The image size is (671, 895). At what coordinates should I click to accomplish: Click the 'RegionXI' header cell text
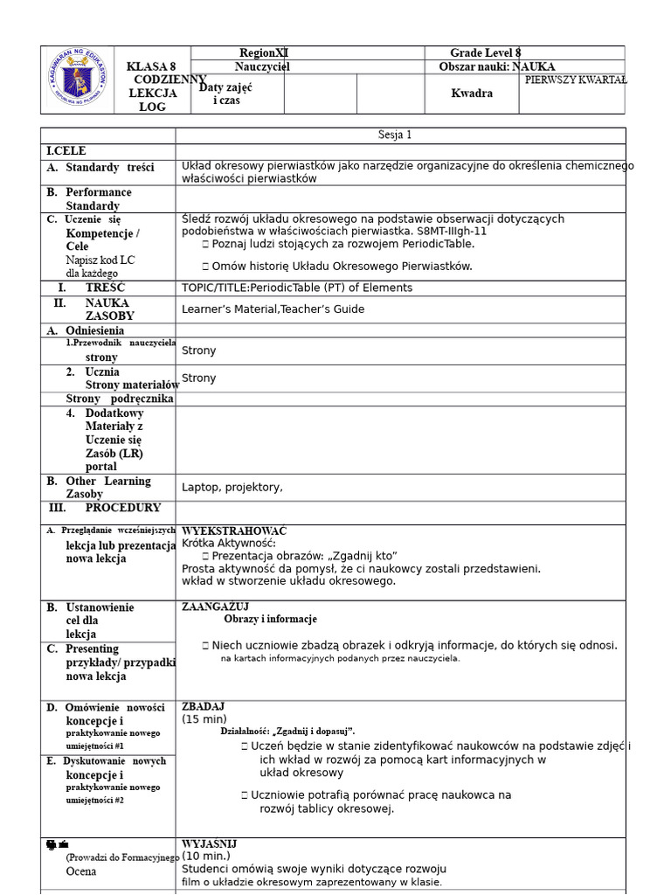click(264, 53)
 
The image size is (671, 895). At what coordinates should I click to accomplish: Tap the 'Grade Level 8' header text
click(485, 53)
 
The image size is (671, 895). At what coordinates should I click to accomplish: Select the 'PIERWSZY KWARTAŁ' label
click(575, 80)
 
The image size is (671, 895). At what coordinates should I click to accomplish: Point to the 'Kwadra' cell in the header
click(472, 94)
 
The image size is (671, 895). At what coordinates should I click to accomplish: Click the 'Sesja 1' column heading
click(395, 135)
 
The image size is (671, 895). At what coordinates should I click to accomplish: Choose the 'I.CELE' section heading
click(66, 151)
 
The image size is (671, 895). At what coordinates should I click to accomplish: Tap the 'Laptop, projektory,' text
click(232, 487)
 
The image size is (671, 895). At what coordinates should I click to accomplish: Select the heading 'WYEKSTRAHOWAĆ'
click(234, 531)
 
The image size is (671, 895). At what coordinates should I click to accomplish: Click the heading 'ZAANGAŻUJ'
click(215, 607)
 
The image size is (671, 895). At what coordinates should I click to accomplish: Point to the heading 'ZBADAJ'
click(203, 706)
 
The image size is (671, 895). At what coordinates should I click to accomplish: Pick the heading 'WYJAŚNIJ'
click(209, 844)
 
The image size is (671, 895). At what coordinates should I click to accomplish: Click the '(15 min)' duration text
click(204, 719)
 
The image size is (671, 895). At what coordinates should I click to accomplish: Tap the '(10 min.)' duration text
click(206, 857)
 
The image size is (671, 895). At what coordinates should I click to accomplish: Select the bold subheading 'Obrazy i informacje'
click(270, 620)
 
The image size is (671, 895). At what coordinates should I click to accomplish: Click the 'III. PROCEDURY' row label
click(105, 508)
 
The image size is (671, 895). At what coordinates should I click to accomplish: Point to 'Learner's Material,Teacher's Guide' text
click(273, 309)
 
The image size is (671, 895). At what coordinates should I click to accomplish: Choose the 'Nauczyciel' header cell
click(262, 67)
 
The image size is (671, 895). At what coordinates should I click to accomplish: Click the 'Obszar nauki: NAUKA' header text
click(496, 67)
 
